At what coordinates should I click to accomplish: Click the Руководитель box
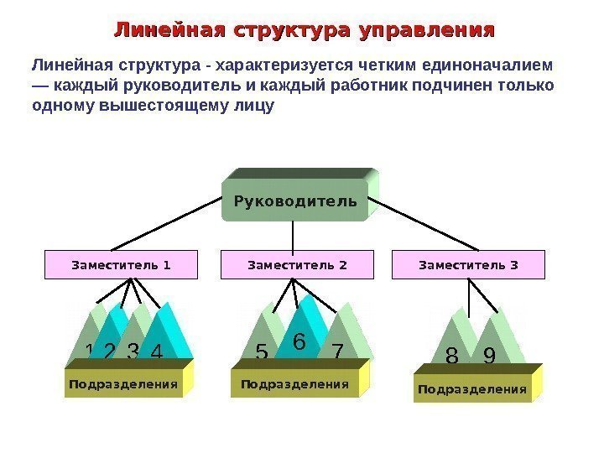(294, 202)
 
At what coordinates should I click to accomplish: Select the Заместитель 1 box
(121, 265)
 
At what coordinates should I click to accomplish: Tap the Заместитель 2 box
(297, 265)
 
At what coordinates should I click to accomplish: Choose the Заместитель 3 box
(468, 265)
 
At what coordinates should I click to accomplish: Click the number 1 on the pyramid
(90, 351)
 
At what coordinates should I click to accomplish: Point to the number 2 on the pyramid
(109, 352)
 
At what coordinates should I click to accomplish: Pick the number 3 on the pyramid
(133, 352)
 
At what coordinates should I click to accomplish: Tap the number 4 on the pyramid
(156, 352)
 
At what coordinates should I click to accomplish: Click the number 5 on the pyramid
(262, 354)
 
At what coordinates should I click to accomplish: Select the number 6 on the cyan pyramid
(299, 341)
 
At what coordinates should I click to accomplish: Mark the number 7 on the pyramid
(337, 352)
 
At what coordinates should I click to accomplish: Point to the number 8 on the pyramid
(452, 358)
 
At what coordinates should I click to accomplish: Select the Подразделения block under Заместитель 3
(472, 389)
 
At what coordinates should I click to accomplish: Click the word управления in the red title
(426, 31)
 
